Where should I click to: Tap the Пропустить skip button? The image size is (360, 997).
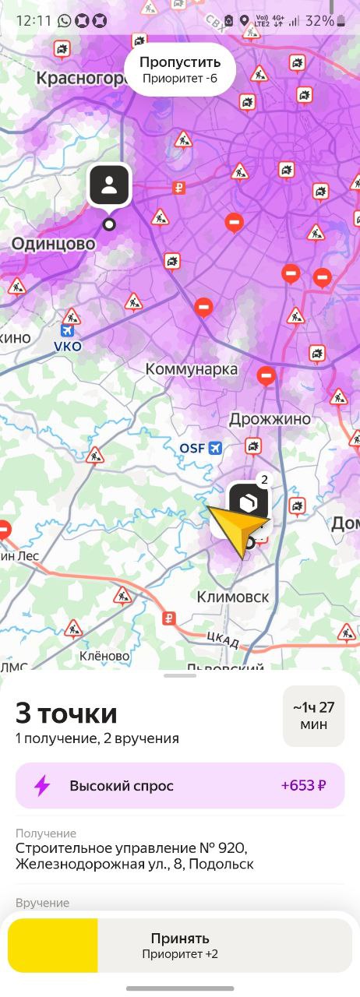(x=180, y=69)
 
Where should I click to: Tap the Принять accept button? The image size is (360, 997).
(x=180, y=945)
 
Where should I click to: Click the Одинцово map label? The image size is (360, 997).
(x=53, y=244)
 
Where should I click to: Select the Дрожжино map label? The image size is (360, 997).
(x=270, y=419)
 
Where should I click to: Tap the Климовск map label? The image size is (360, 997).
(x=233, y=597)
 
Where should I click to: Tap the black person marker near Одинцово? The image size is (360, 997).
(x=109, y=185)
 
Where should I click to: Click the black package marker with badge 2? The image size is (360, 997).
(x=248, y=503)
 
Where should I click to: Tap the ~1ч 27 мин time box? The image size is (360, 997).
(x=313, y=716)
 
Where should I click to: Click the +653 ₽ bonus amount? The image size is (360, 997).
(x=303, y=785)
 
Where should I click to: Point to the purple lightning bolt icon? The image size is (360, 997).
(x=42, y=785)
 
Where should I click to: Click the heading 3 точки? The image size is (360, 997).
(x=67, y=713)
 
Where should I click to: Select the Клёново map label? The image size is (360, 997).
(x=104, y=656)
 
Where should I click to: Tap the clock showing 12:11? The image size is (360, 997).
(x=33, y=21)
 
